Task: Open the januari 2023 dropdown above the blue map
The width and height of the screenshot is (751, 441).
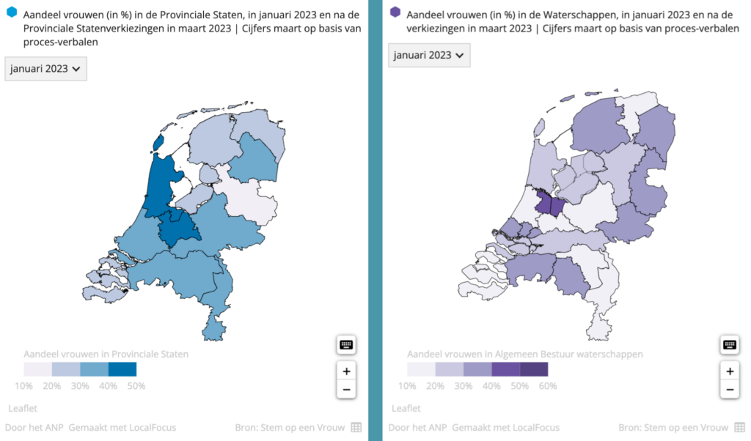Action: pyautogui.click(x=45, y=69)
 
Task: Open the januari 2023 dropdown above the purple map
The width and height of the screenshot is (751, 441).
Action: pyautogui.click(x=429, y=55)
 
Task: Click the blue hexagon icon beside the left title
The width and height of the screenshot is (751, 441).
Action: pyautogui.click(x=11, y=12)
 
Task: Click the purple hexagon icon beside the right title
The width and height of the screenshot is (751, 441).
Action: pyautogui.click(x=395, y=12)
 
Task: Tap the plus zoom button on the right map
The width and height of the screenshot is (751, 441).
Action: pyautogui.click(x=730, y=371)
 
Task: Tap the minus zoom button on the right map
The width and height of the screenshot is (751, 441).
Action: pyautogui.click(x=730, y=389)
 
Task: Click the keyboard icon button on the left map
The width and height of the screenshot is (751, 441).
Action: pyautogui.click(x=346, y=344)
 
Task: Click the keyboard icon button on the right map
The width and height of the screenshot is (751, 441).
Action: pyautogui.click(x=730, y=344)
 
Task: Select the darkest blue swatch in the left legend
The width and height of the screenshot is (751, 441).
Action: pyautogui.click(x=122, y=369)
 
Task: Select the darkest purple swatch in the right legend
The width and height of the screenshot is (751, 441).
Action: pyautogui.click(x=534, y=369)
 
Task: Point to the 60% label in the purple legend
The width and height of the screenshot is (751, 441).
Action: pyautogui.click(x=548, y=385)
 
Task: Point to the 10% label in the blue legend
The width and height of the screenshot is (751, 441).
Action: pyautogui.click(x=23, y=385)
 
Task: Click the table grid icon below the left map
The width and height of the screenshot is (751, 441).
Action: pyautogui.click(x=356, y=427)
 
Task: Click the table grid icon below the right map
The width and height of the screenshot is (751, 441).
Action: pyautogui.click(x=740, y=427)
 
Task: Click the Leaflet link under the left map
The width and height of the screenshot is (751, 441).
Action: pyautogui.click(x=22, y=408)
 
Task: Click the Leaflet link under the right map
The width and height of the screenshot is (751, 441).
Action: pyautogui.click(x=406, y=408)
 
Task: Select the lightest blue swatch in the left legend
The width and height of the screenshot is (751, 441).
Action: pyautogui.click(x=37, y=369)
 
